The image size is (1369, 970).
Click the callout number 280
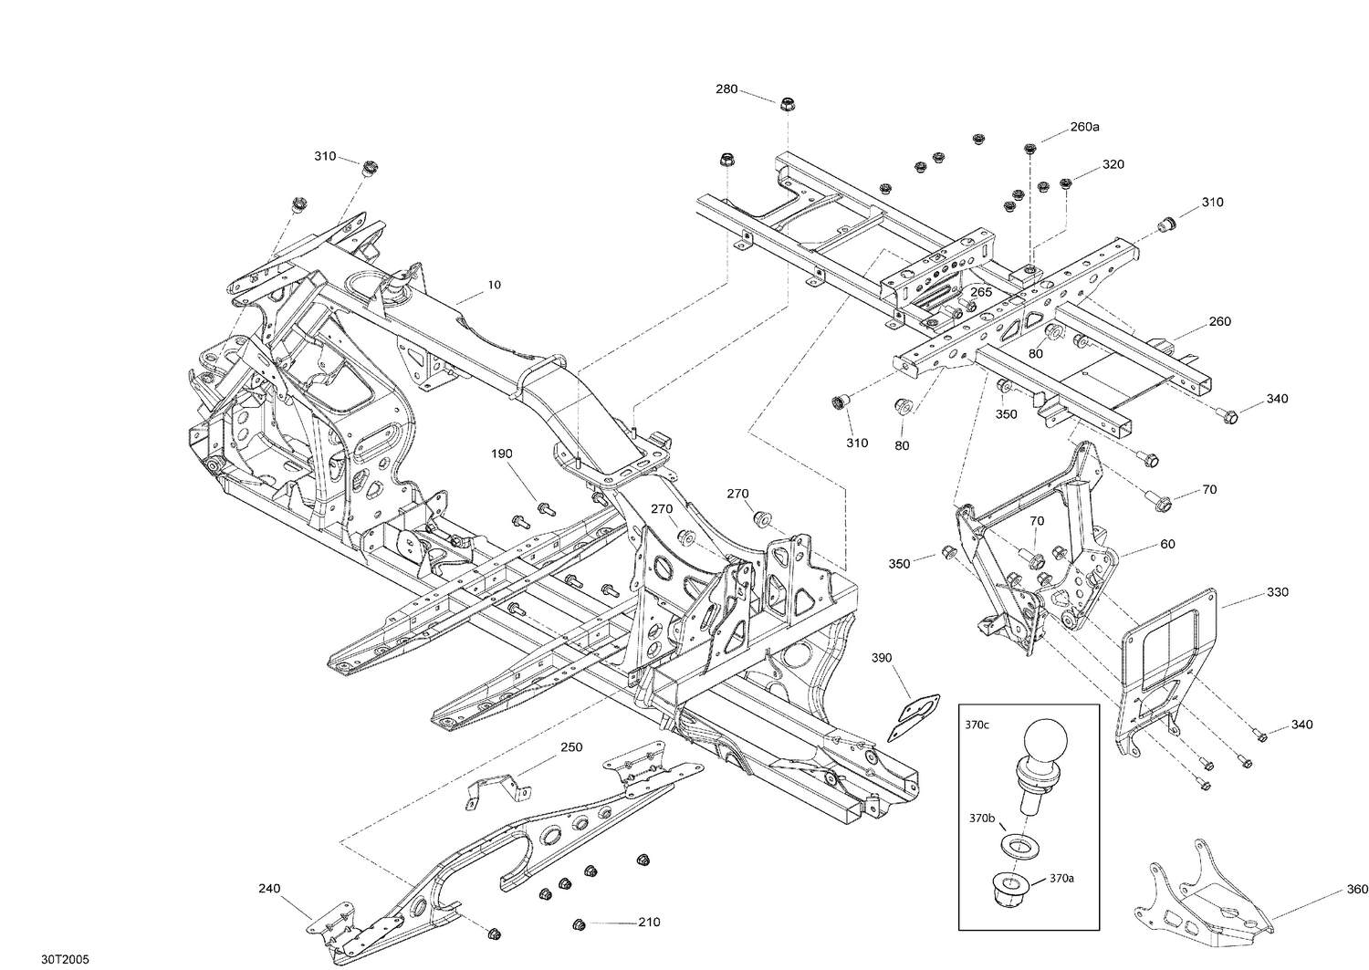(726, 89)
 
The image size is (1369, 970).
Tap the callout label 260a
(1084, 127)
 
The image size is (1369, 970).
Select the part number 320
(1113, 164)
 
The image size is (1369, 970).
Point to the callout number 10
(495, 285)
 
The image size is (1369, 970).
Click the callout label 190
(502, 454)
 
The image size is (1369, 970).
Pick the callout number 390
(882, 658)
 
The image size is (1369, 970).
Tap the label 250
(571, 747)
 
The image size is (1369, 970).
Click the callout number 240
(269, 889)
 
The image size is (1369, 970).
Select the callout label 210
(649, 923)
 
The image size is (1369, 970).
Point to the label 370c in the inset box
(977, 725)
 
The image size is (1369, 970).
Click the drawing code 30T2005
(65, 960)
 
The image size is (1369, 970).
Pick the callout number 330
(1278, 591)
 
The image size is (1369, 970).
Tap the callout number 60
(1167, 544)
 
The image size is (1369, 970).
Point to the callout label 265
(981, 292)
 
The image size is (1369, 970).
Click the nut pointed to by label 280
(787, 104)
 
